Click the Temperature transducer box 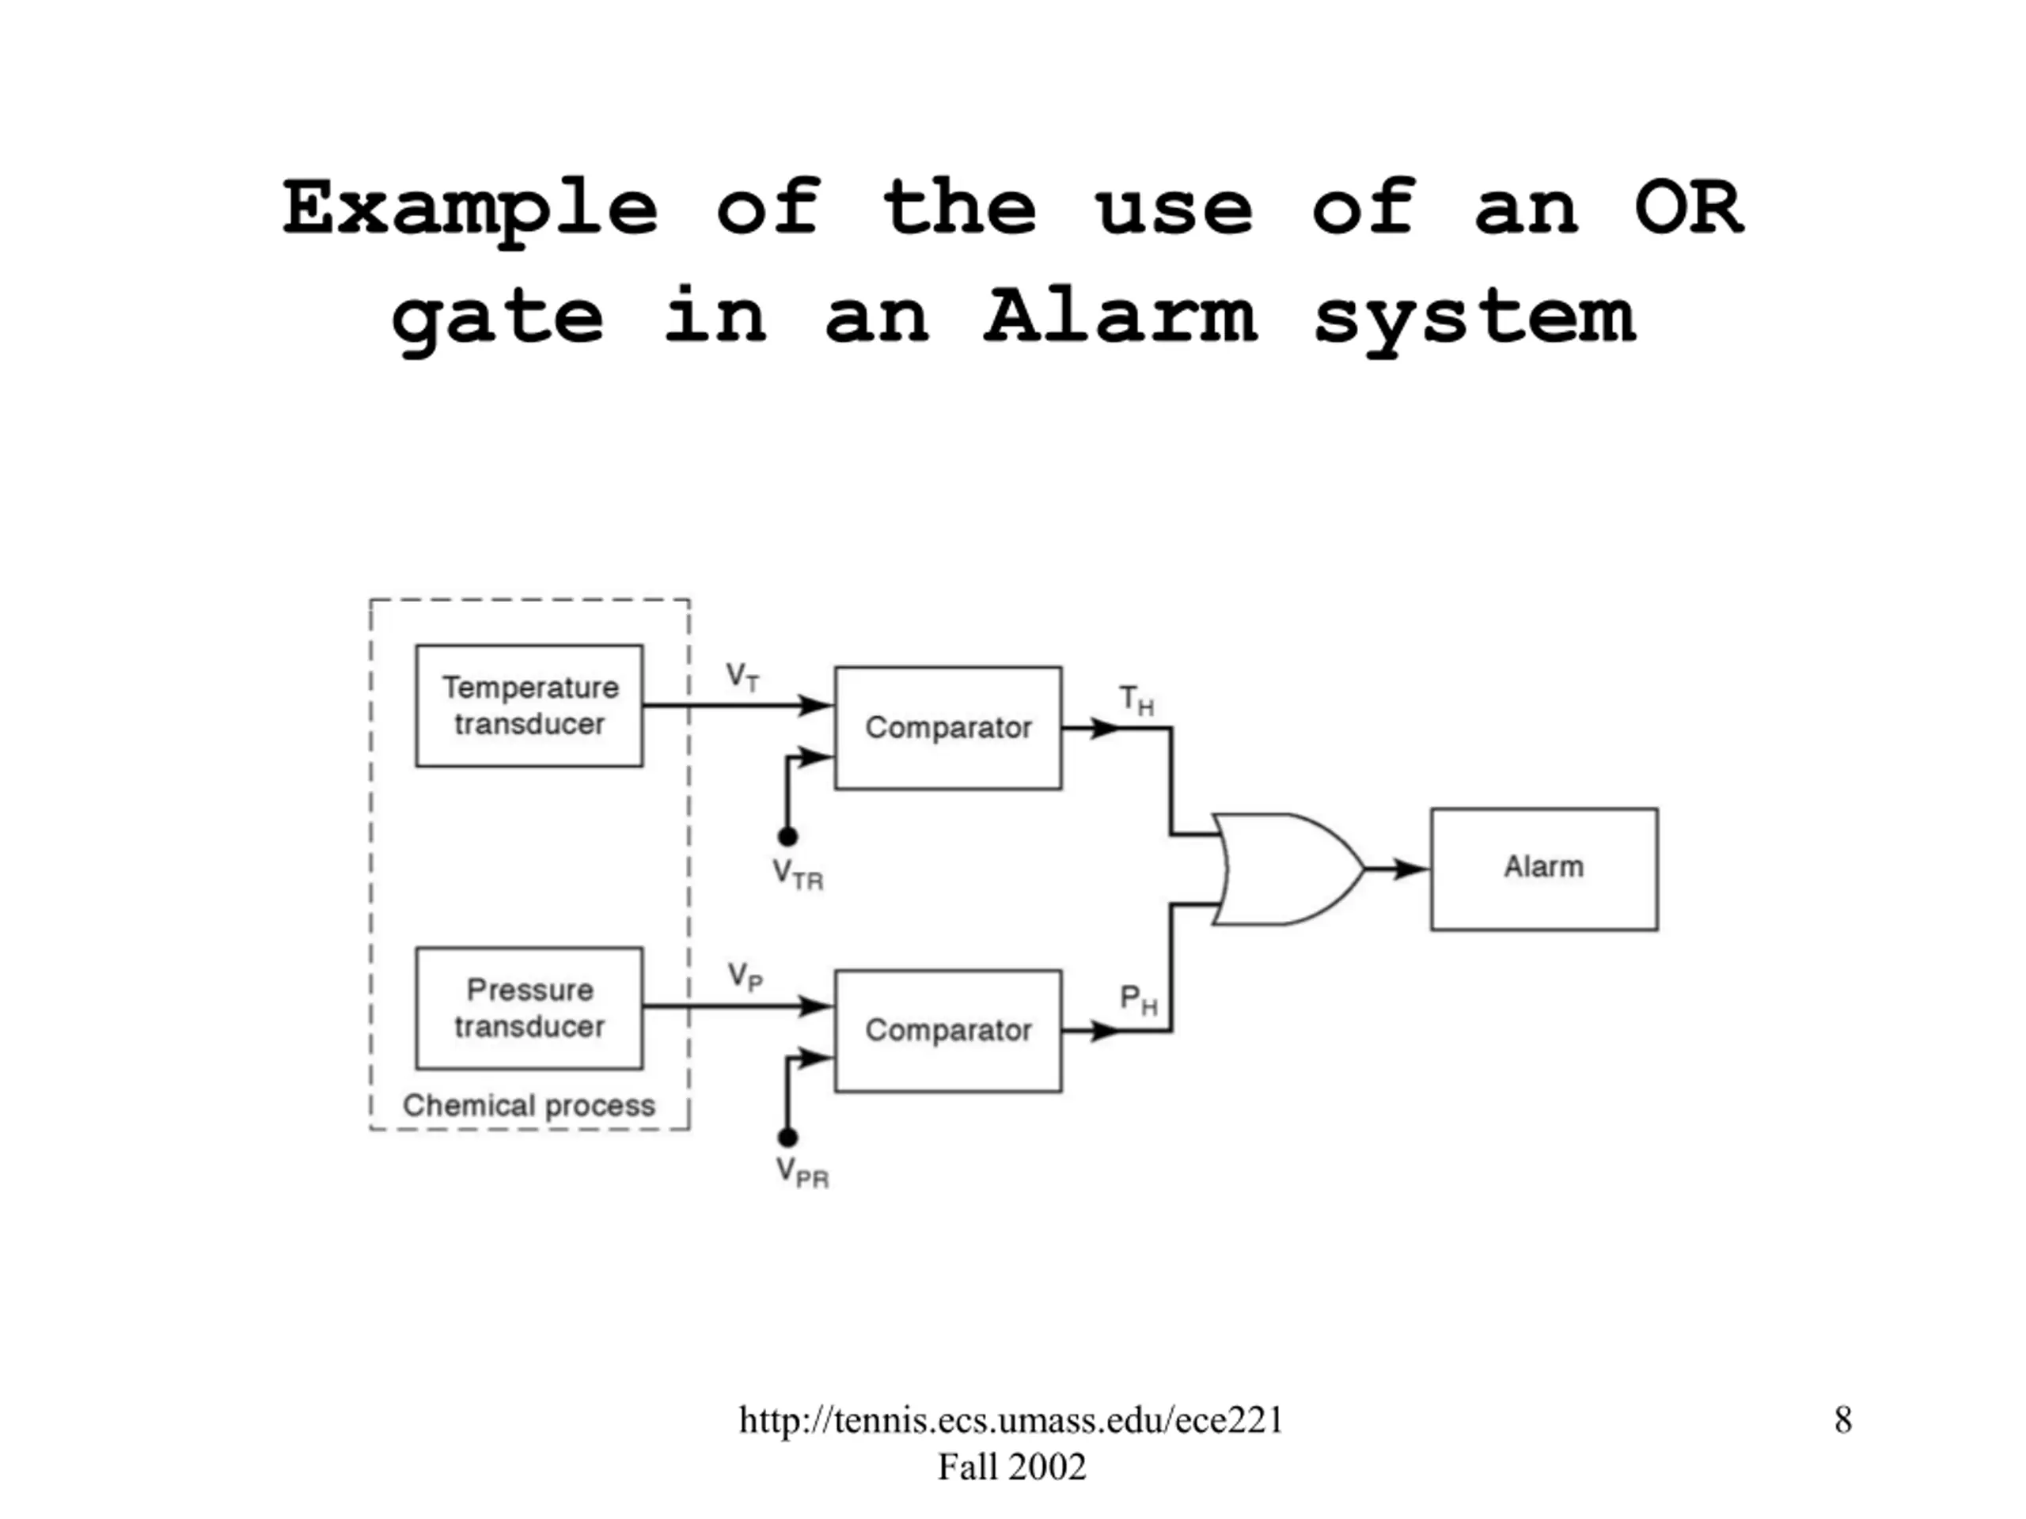pyautogui.click(x=529, y=706)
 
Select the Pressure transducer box pyautogui.click(x=529, y=1008)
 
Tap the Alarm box pyautogui.click(x=1544, y=869)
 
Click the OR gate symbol pyautogui.click(x=1288, y=869)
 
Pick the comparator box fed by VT pyautogui.click(x=948, y=728)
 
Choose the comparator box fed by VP pyautogui.click(x=948, y=1031)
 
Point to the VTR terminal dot pyautogui.click(x=787, y=836)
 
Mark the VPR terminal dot pyautogui.click(x=787, y=1137)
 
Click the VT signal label pyautogui.click(x=742, y=677)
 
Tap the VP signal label pyautogui.click(x=745, y=977)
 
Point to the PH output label pyautogui.click(x=1139, y=1000)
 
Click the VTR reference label pyautogui.click(x=798, y=874)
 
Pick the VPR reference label pyautogui.click(x=802, y=1172)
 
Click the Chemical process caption pyautogui.click(x=529, y=1106)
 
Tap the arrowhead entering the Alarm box pyautogui.click(x=1411, y=868)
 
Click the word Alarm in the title pyautogui.click(x=1119, y=316)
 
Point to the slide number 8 pyautogui.click(x=1843, y=1420)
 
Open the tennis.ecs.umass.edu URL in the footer pyautogui.click(x=1011, y=1420)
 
